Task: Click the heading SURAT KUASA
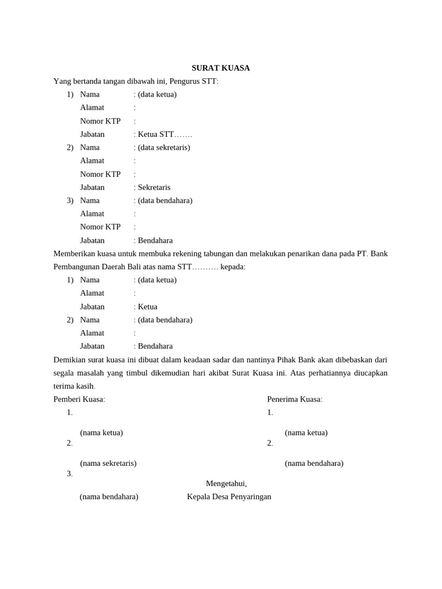220,68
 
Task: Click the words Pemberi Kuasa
79,399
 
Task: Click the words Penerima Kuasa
295,399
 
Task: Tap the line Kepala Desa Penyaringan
229,496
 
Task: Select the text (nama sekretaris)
108,463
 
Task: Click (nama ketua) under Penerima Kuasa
306,433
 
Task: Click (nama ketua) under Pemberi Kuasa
101,433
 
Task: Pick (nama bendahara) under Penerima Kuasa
314,463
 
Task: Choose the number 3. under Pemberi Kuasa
70,473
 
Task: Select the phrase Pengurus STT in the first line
197,81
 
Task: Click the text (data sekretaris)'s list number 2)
70,147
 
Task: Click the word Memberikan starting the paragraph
73,254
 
